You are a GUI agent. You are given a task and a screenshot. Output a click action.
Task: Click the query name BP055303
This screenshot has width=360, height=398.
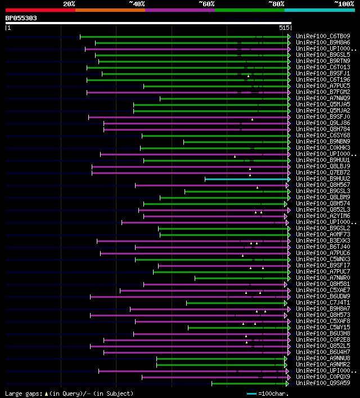21,18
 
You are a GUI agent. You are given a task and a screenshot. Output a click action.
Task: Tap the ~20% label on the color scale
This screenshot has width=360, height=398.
69,3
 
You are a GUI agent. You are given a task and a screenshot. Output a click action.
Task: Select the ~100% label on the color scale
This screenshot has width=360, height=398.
344,3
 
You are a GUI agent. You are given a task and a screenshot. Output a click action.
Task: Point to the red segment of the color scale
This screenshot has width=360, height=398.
40,10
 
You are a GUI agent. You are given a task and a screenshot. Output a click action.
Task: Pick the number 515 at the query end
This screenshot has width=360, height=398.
284,28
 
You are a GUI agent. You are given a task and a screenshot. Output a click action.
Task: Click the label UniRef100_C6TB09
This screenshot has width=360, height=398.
323,36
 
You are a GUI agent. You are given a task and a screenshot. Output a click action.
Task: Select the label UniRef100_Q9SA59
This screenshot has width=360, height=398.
323,383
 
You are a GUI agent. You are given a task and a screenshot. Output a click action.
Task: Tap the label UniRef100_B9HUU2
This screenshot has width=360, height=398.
323,178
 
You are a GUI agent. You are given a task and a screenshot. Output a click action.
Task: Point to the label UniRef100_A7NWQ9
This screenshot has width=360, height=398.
323,98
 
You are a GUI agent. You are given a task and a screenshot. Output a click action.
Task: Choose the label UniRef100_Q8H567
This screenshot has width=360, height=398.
323,185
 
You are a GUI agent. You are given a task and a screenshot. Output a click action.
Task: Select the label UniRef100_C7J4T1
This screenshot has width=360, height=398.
323,302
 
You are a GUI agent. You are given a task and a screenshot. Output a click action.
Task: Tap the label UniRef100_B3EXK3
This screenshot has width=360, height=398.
323,240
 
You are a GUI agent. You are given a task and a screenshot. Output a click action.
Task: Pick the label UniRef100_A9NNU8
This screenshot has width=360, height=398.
323,358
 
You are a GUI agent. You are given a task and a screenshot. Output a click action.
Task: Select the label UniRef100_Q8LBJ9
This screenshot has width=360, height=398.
323,166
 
